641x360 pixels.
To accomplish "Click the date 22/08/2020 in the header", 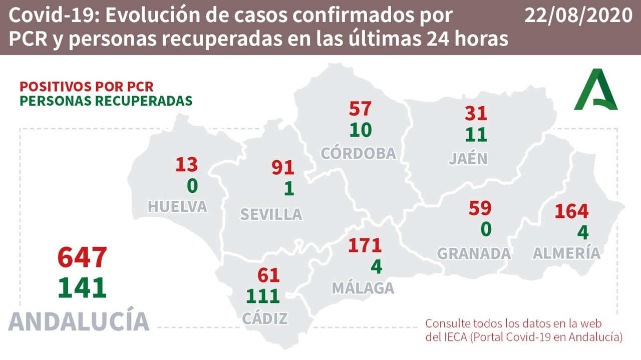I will (578, 16).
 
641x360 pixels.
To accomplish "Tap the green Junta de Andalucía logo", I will (596, 90).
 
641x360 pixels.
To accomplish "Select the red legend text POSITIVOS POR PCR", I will (87, 86).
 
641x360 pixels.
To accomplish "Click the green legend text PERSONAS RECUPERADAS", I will (106, 100).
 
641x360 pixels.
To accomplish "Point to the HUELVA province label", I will (177, 206).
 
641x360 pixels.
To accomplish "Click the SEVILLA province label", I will (271, 214).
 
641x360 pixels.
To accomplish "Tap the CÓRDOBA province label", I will (359, 153).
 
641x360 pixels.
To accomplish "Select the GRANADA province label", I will (474, 253).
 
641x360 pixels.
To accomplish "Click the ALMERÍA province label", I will (566, 253).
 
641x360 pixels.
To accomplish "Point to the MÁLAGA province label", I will (363, 288).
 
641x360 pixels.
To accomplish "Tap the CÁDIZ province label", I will (265, 318).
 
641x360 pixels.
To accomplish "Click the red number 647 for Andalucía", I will (82, 257).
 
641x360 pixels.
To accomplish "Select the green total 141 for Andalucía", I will (82, 287).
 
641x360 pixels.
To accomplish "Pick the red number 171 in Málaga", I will (365, 245).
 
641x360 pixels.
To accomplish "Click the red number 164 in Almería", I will (571, 211).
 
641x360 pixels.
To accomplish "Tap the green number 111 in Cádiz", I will (262, 296).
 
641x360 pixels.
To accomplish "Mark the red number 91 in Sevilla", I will (282, 167).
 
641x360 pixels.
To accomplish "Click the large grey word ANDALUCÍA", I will (79, 321).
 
